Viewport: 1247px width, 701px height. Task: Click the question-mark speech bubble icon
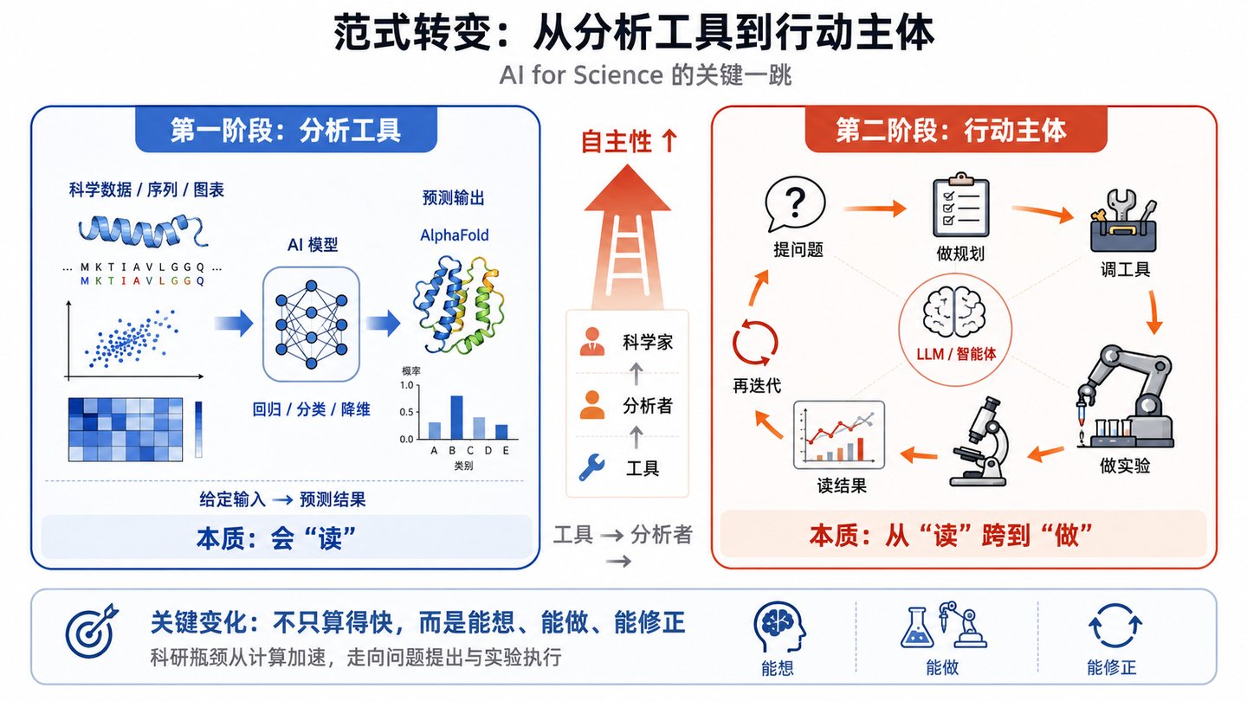tap(794, 204)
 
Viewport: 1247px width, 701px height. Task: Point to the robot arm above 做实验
tap(1126, 397)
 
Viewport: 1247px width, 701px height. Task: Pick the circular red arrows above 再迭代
tap(755, 343)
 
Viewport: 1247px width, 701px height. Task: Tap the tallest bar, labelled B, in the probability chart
tap(456, 417)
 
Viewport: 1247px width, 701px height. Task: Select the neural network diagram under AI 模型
tap(311, 325)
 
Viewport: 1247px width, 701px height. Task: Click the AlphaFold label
tap(455, 235)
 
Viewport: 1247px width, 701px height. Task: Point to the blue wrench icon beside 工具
tap(591, 467)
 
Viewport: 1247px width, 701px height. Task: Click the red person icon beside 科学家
tap(591, 342)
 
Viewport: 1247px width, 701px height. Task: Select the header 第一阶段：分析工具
tap(286, 131)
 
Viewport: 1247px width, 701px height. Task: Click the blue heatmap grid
tap(126, 429)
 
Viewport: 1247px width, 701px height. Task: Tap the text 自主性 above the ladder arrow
tap(617, 141)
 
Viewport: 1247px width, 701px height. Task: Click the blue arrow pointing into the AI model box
tap(234, 324)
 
